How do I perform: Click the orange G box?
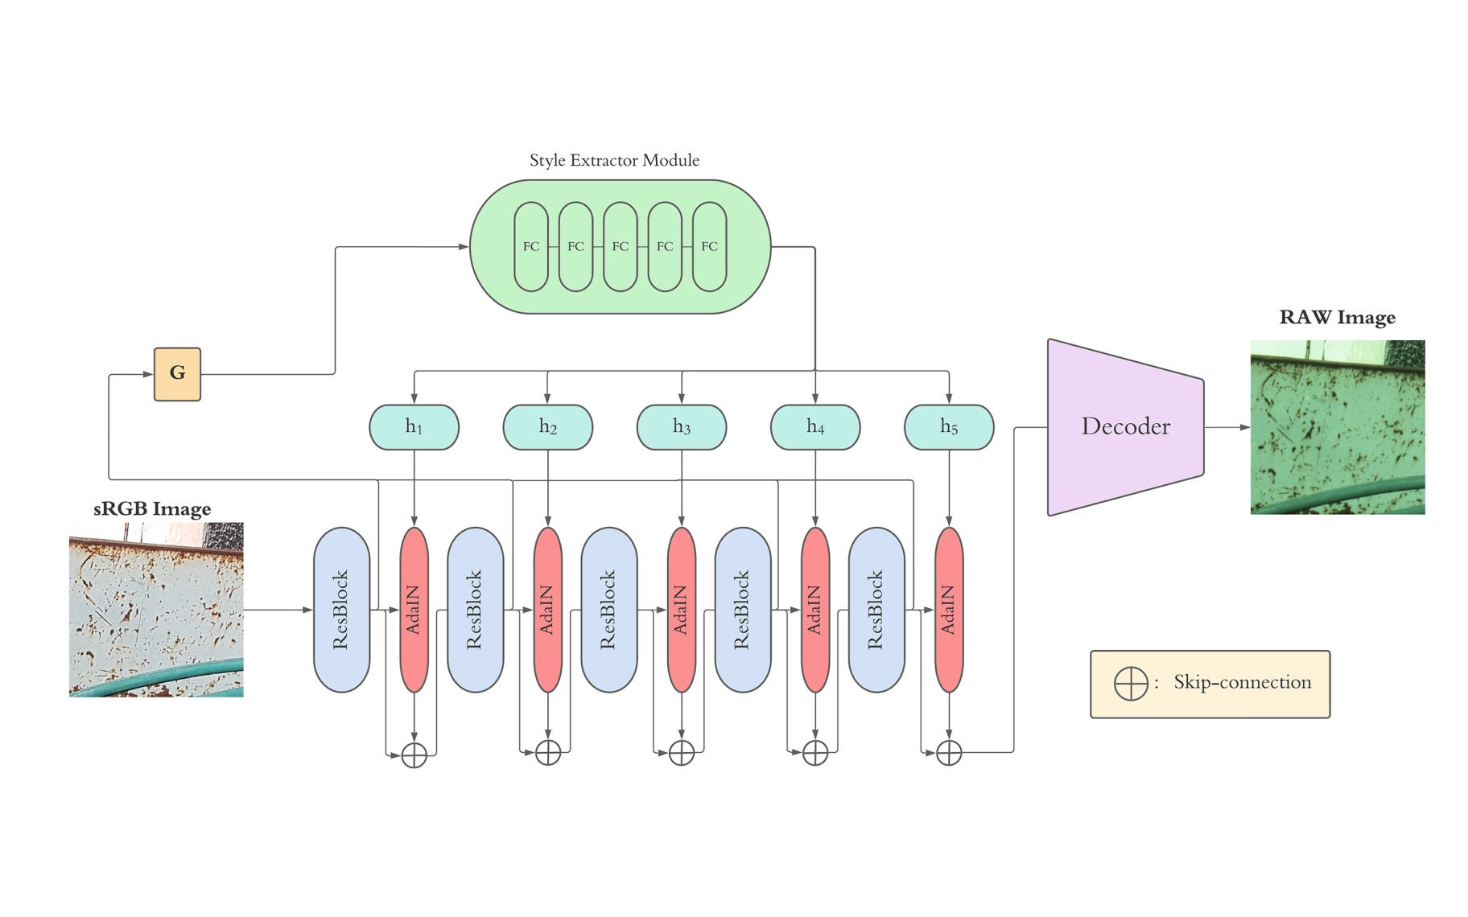[x=177, y=374]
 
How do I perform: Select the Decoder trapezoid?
[x=1125, y=427]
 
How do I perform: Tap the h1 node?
[x=414, y=427]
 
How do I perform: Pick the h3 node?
[x=681, y=427]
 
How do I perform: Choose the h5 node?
[x=949, y=427]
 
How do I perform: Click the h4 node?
[x=814, y=427]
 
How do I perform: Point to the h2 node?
[x=547, y=427]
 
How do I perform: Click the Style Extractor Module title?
[x=614, y=160]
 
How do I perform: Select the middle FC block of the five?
[x=620, y=246]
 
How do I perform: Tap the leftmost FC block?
[x=531, y=246]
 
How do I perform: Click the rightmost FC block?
[x=709, y=246]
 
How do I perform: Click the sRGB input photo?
[x=156, y=610]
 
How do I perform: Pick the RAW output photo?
[x=1337, y=427]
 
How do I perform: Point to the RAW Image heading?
[x=1337, y=318]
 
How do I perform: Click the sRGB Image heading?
[x=152, y=508]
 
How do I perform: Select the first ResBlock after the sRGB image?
[x=341, y=610]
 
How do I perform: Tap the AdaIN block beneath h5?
[x=949, y=610]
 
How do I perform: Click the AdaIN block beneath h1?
[x=414, y=610]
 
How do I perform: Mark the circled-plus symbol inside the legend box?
[x=1130, y=683]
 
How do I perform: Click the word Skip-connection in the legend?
[x=1242, y=682]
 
